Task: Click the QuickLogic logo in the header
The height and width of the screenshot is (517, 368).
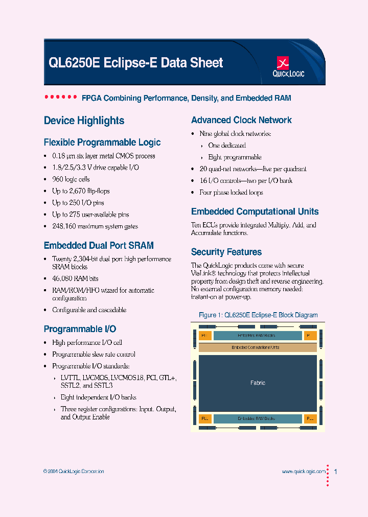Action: click(x=289, y=67)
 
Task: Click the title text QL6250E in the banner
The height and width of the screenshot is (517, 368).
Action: click(x=74, y=63)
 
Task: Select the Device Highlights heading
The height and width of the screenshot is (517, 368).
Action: click(x=84, y=121)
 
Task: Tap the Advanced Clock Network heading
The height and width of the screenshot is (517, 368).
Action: click(x=241, y=120)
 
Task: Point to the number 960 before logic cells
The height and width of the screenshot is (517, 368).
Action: click(x=58, y=179)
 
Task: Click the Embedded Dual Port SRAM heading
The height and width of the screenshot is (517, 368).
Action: click(x=99, y=246)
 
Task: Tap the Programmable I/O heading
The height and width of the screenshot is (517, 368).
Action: click(x=80, y=329)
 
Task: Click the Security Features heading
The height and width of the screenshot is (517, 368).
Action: click(x=226, y=252)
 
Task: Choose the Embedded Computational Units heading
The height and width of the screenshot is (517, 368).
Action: click(x=255, y=212)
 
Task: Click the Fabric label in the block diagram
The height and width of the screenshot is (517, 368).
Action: click(x=258, y=383)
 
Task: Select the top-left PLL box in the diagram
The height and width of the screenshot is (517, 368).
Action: click(x=204, y=336)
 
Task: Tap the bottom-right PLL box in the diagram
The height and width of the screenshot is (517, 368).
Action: click(x=310, y=418)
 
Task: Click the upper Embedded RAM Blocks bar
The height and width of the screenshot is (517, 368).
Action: click(x=257, y=336)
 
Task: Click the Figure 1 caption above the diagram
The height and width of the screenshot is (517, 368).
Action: click(x=258, y=315)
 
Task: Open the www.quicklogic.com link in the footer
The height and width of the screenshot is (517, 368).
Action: click(x=303, y=472)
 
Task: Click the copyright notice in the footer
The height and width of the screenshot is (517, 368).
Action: click(x=74, y=472)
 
